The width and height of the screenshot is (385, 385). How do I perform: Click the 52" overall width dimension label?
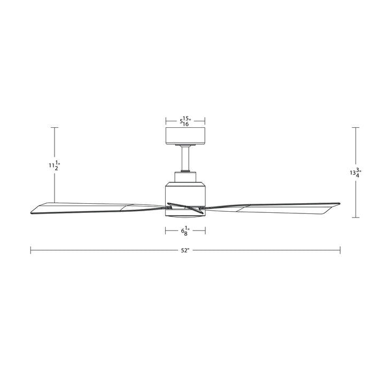[x=185, y=250]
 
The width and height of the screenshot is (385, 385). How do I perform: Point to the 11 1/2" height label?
[x=53, y=166]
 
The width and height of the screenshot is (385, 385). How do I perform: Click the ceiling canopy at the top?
[x=186, y=136]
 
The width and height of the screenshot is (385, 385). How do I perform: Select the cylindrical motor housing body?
[x=186, y=193]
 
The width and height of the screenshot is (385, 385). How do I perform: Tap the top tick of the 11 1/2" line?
[x=53, y=128]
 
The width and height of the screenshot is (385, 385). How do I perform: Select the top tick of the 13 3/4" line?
[x=356, y=128]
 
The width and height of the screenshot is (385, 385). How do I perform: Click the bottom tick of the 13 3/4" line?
[x=356, y=218]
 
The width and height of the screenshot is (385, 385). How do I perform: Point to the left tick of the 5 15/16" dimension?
[x=166, y=121]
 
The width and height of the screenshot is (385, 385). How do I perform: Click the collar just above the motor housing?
[x=186, y=176]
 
